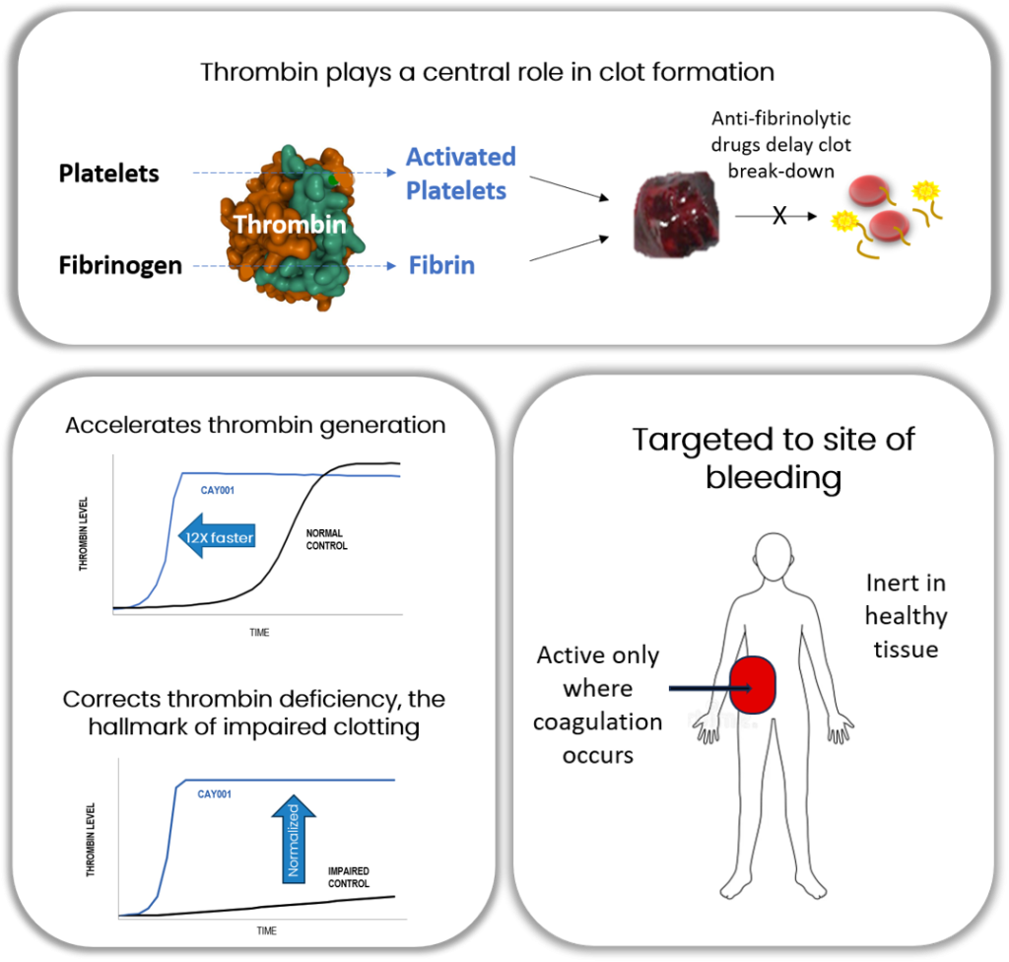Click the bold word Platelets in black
pyautogui.click(x=108, y=173)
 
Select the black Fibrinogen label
pyautogui.click(x=120, y=265)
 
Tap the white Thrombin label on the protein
pyautogui.click(x=289, y=225)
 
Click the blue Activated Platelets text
pyautogui.click(x=461, y=173)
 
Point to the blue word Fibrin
pyautogui.click(x=441, y=265)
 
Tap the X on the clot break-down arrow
pyautogui.click(x=779, y=215)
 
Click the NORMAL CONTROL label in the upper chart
pyautogui.click(x=326, y=539)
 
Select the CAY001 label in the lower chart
pyautogui.click(x=214, y=793)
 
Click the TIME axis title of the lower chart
pyautogui.click(x=266, y=930)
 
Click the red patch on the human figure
pyautogui.click(x=756, y=683)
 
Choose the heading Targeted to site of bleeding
pyautogui.click(x=774, y=457)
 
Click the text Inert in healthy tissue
pyautogui.click(x=906, y=616)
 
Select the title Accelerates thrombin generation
pyautogui.click(x=255, y=426)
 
